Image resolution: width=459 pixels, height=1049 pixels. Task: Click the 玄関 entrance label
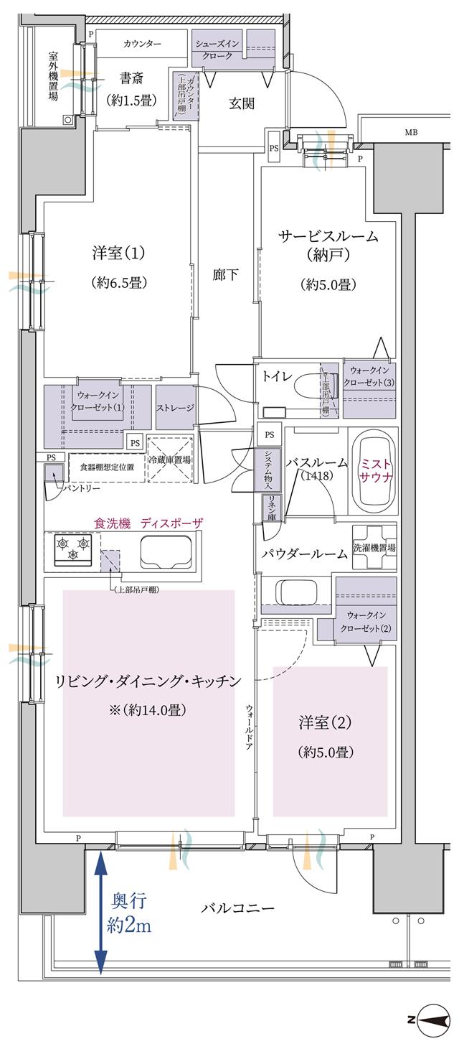[242, 103]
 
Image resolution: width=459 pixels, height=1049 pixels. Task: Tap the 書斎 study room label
[131, 79]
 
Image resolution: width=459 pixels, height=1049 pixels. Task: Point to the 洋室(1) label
[118, 253]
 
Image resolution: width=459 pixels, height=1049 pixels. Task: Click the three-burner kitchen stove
[73, 547]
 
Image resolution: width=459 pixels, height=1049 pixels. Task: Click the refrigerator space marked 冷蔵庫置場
[170, 460]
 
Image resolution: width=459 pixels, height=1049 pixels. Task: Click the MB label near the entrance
[410, 132]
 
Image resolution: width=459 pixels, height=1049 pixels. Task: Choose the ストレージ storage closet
[175, 408]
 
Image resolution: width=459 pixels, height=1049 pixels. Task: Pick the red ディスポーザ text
[171, 523]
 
